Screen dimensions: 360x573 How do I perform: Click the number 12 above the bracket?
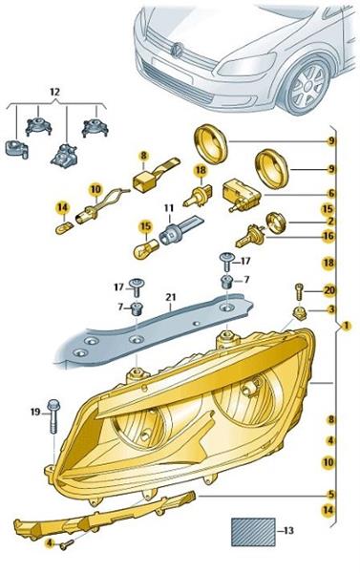[x=54, y=92]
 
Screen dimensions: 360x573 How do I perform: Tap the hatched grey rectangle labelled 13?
[x=253, y=532]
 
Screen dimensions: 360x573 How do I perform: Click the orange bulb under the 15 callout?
[x=145, y=250]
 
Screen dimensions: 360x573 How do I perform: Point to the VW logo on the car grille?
[x=178, y=50]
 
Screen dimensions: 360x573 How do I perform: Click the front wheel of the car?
[x=307, y=87]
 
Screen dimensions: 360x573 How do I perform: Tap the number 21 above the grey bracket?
[x=170, y=298]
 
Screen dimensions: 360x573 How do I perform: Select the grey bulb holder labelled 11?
[x=180, y=229]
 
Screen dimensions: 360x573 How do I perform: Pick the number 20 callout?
[x=328, y=290]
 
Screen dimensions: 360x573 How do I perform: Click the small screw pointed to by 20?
[x=298, y=292]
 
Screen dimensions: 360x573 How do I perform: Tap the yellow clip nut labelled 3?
[x=300, y=313]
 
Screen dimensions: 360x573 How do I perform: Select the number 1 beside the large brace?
[x=346, y=326]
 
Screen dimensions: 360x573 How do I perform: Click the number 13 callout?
[x=288, y=530]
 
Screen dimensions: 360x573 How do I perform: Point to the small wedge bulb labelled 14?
[x=64, y=229]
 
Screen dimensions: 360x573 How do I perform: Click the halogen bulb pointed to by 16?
[x=249, y=236]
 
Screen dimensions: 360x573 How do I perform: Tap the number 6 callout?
[x=331, y=194]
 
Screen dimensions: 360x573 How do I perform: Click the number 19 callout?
[x=35, y=413]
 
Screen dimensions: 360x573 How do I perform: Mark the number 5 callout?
[x=331, y=494]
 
